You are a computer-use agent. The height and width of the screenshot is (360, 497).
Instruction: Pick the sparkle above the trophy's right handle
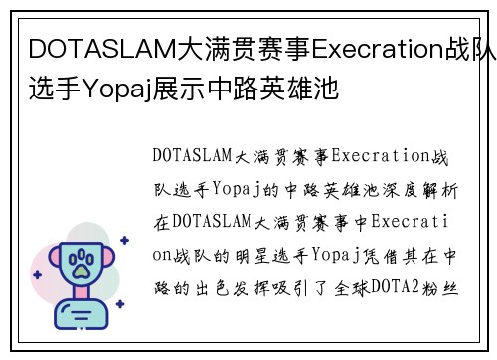[x=124, y=240]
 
